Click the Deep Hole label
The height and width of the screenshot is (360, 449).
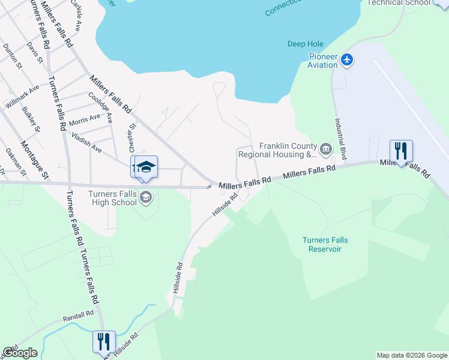(x=305, y=44)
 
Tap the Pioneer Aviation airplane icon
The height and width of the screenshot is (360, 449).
(x=347, y=59)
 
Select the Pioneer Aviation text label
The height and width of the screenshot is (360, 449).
(x=323, y=61)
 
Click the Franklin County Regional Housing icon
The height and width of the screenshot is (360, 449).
(x=325, y=148)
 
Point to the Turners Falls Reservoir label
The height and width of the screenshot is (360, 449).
(x=325, y=244)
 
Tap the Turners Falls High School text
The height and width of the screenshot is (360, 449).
(x=112, y=198)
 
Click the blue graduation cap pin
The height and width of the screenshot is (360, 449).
(x=145, y=167)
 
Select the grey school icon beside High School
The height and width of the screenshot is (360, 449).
(x=145, y=197)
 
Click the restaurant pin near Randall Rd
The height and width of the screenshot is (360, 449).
(x=103, y=341)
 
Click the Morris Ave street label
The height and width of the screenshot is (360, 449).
(x=85, y=119)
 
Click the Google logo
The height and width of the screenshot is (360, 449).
(x=20, y=353)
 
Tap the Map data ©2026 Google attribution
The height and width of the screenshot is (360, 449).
(x=412, y=355)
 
